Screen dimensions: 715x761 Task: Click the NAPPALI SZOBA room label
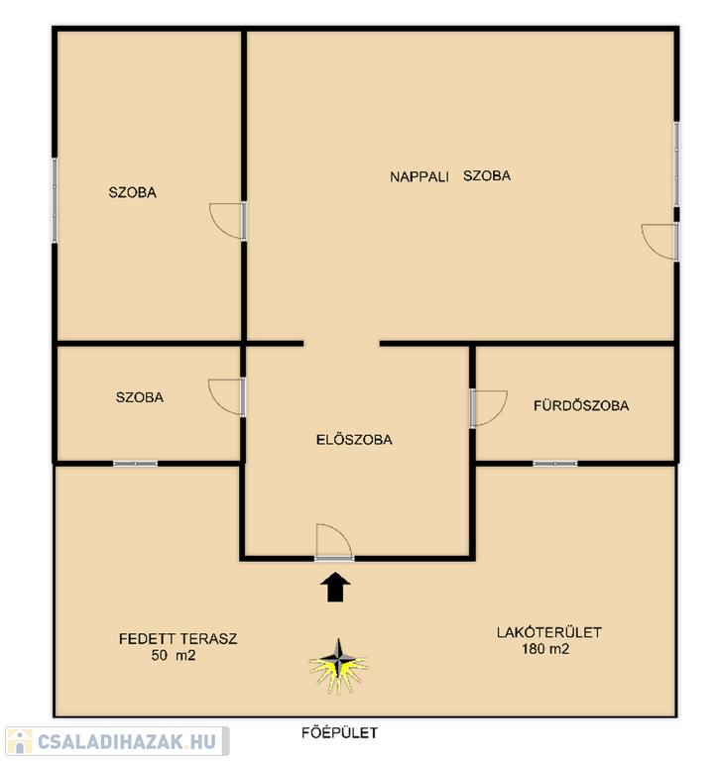click(450, 175)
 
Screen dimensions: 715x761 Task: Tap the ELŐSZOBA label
click(354, 440)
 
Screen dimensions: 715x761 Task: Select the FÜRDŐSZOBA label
click(581, 405)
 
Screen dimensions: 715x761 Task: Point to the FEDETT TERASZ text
click(179, 638)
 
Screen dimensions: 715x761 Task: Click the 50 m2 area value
click(174, 655)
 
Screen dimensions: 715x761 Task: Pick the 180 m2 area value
click(545, 649)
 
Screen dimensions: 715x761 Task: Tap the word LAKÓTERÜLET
click(548, 632)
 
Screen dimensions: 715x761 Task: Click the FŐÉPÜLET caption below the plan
click(339, 732)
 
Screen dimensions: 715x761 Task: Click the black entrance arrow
click(335, 588)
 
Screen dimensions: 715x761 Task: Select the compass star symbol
click(338, 666)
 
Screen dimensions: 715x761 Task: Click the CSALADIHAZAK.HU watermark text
click(127, 741)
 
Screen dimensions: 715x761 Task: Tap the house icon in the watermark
click(20, 741)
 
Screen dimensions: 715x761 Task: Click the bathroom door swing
click(488, 408)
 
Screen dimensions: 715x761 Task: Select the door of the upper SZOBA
click(228, 221)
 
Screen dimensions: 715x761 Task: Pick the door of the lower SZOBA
click(227, 397)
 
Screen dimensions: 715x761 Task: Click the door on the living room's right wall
click(659, 242)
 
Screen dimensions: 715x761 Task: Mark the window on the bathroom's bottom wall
click(555, 464)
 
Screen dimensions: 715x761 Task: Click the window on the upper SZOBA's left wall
click(55, 200)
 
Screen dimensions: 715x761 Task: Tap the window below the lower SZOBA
click(136, 464)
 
